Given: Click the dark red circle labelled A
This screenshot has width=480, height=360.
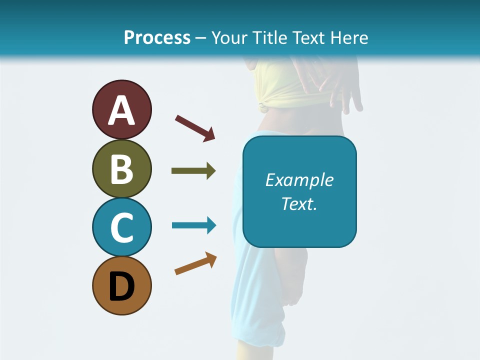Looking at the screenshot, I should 121,110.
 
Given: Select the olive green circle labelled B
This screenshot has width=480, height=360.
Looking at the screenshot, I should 121,168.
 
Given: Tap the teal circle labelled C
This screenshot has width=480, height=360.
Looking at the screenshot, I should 121,227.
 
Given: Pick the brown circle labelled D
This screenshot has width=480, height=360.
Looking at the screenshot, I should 121,285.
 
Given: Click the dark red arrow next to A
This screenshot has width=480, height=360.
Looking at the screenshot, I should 195,128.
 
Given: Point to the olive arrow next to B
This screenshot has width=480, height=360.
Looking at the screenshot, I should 193,171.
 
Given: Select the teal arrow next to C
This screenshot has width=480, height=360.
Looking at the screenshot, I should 194,225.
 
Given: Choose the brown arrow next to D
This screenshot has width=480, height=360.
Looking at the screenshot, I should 195,263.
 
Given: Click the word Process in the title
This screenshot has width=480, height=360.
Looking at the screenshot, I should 157,37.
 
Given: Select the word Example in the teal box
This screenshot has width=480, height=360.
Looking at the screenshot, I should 299,180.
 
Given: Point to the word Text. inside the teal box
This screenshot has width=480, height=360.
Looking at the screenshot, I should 299,203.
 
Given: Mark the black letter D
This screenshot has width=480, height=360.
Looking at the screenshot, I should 121,286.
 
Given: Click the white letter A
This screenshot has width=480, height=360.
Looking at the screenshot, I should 121,110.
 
